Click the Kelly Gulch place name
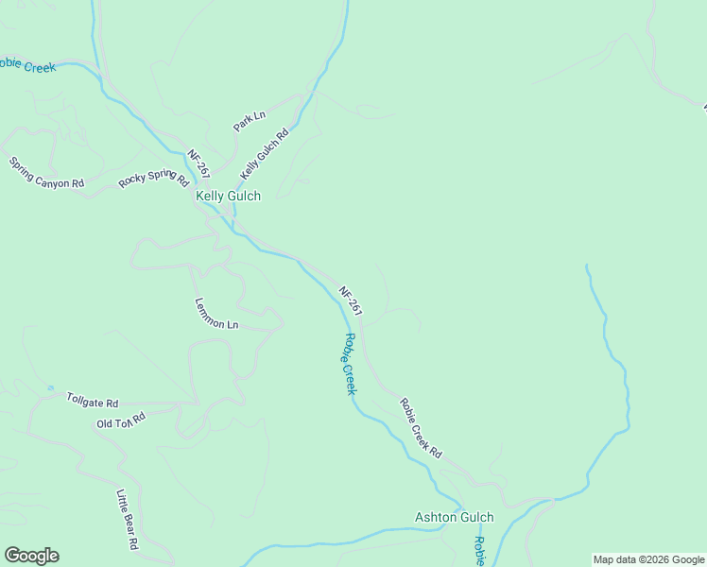click(x=228, y=196)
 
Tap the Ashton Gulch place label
click(x=455, y=517)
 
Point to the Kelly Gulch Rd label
click(x=264, y=155)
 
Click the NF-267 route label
click(x=198, y=164)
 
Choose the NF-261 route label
click(x=351, y=301)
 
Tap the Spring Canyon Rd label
click(x=46, y=173)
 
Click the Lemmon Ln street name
click(x=216, y=314)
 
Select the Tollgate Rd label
click(x=92, y=401)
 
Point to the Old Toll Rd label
click(x=121, y=421)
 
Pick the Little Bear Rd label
click(x=128, y=520)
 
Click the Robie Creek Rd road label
click(x=421, y=427)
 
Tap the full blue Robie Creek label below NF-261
click(x=349, y=364)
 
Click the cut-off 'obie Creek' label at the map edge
click(x=27, y=65)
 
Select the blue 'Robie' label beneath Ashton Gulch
click(x=479, y=551)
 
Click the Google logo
click(x=31, y=556)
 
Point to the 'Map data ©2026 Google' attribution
click(x=648, y=559)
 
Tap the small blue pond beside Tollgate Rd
click(x=50, y=388)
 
